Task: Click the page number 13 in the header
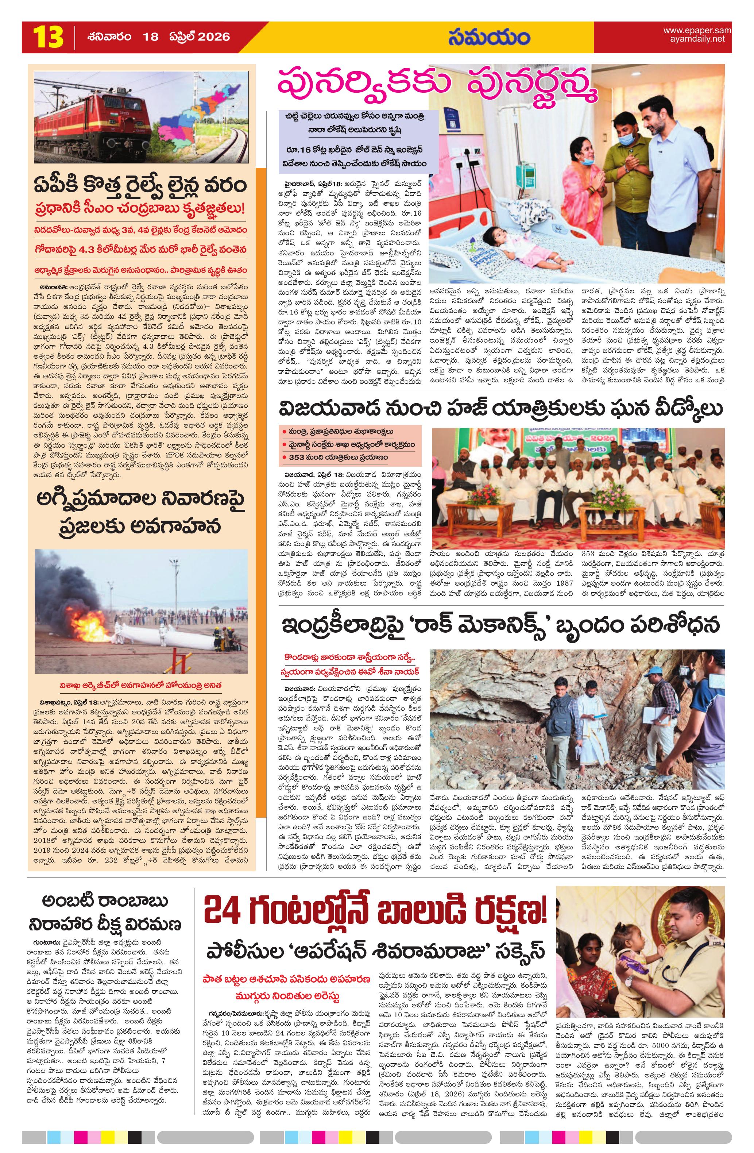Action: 48,37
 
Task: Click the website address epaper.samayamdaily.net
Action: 697,35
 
